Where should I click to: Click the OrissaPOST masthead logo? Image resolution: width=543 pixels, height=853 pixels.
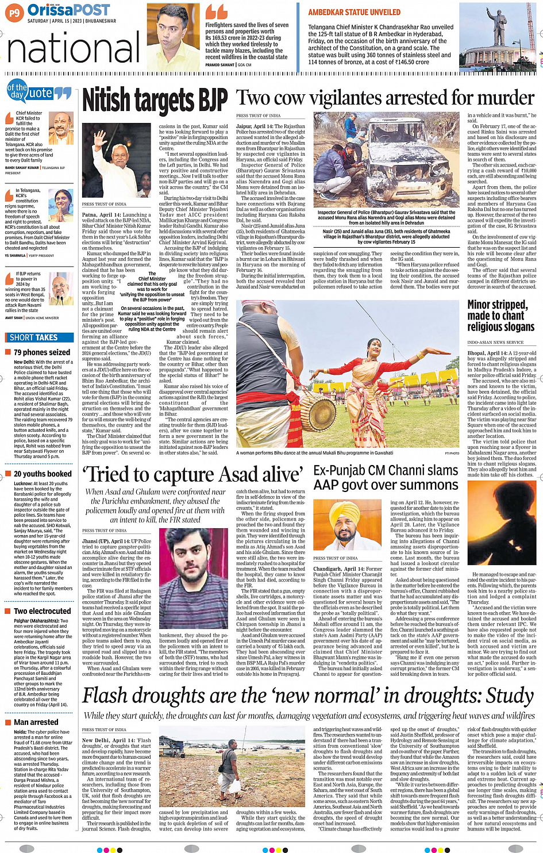click(x=68, y=10)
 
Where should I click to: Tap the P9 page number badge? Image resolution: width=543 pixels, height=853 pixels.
click(x=14, y=12)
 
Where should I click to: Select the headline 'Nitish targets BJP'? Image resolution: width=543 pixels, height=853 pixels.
click(x=155, y=100)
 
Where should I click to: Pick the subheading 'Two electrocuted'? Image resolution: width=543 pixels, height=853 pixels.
click(x=43, y=611)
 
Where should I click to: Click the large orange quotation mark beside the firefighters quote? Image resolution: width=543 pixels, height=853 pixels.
click(x=217, y=11)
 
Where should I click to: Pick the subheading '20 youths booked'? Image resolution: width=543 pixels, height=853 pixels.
click(x=43, y=474)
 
